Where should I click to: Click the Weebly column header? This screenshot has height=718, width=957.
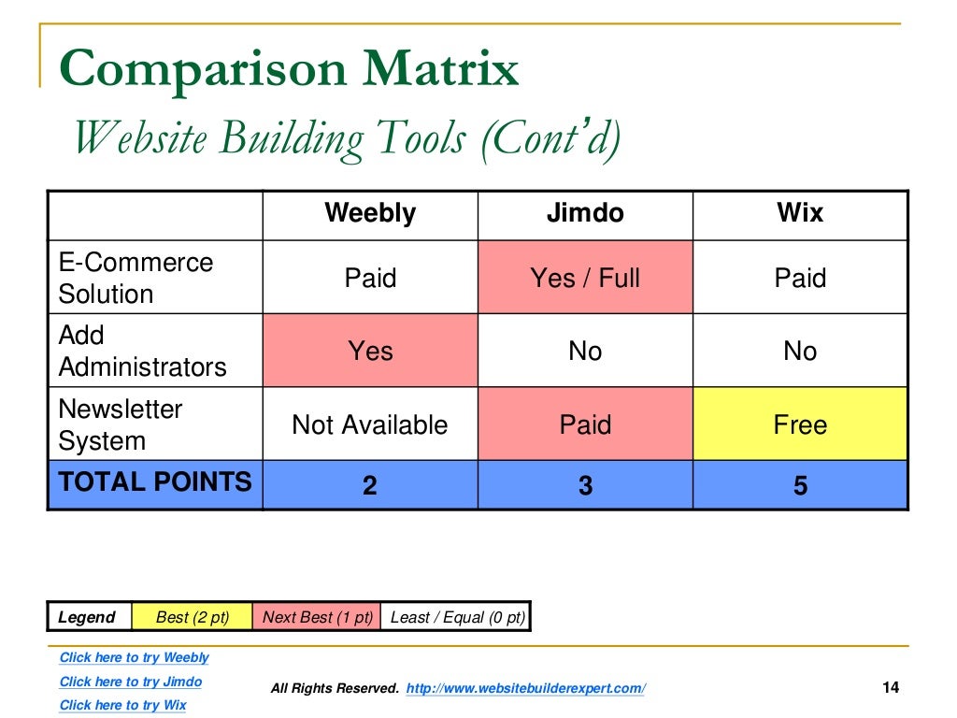click(x=370, y=213)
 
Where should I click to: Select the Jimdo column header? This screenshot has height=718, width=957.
click(x=585, y=213)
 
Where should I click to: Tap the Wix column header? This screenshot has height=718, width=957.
click(x=800, y=213)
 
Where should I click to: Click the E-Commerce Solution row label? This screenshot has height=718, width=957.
click(x=136, y=278)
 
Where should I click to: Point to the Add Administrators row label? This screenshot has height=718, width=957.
click(x=142, y=351)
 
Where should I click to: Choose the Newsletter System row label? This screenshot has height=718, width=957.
click(x=121, y=424)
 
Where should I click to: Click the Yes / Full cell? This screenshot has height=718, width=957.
click(x=585, y=278)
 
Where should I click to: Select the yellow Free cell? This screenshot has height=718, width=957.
click(x=800, y=424)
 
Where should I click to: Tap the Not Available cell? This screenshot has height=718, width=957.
click(x=370, y=424)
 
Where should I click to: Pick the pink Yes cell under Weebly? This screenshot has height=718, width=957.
click(x=370, y=351)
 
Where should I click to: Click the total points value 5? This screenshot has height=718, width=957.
click(x=800, y=486)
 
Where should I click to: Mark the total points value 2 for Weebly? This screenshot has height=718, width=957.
click(x=370, y=486)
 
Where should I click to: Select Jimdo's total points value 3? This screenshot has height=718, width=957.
click(x=585, y=486)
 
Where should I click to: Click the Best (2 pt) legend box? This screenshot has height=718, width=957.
click(x=193, y=617)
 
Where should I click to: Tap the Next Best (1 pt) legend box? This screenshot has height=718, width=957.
click(x=317, y=617)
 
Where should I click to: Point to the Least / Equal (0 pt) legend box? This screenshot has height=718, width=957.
click(x=457, y=617)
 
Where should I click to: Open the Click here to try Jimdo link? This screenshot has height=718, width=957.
click(x=130, y=682)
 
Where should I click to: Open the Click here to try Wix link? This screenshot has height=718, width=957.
click(x=122, y=705)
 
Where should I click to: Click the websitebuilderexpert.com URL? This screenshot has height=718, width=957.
click(x=526, y=688)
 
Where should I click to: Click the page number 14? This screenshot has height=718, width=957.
click(x=890, y=688)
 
